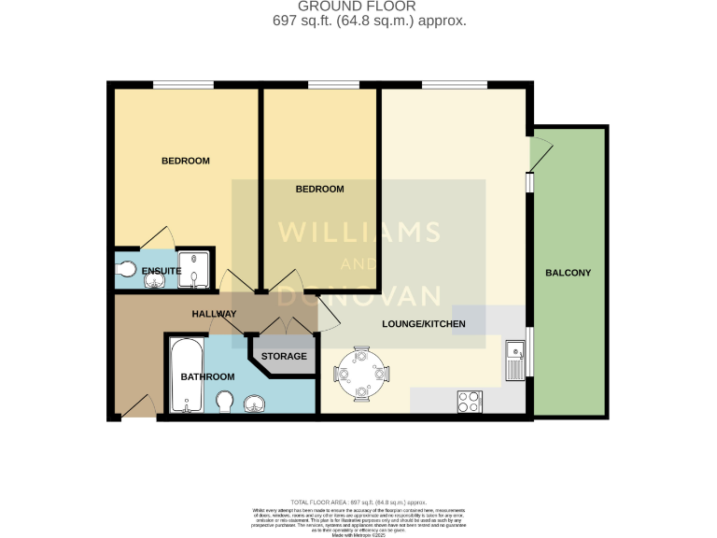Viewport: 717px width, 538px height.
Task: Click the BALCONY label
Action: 569,273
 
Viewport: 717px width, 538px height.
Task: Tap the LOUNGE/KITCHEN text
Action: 423,325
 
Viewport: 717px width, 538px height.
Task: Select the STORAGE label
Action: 284,357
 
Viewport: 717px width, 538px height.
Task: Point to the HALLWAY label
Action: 214,314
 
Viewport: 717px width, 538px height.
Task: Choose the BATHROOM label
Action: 207,376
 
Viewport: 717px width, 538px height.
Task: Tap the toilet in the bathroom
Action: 224,403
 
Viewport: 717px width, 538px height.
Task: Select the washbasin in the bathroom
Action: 255,403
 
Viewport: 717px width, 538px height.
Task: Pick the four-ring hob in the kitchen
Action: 469,401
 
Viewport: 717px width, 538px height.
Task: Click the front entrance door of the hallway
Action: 136,405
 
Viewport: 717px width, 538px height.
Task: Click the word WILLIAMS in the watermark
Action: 358,232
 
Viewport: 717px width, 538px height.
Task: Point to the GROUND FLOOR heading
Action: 358,7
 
